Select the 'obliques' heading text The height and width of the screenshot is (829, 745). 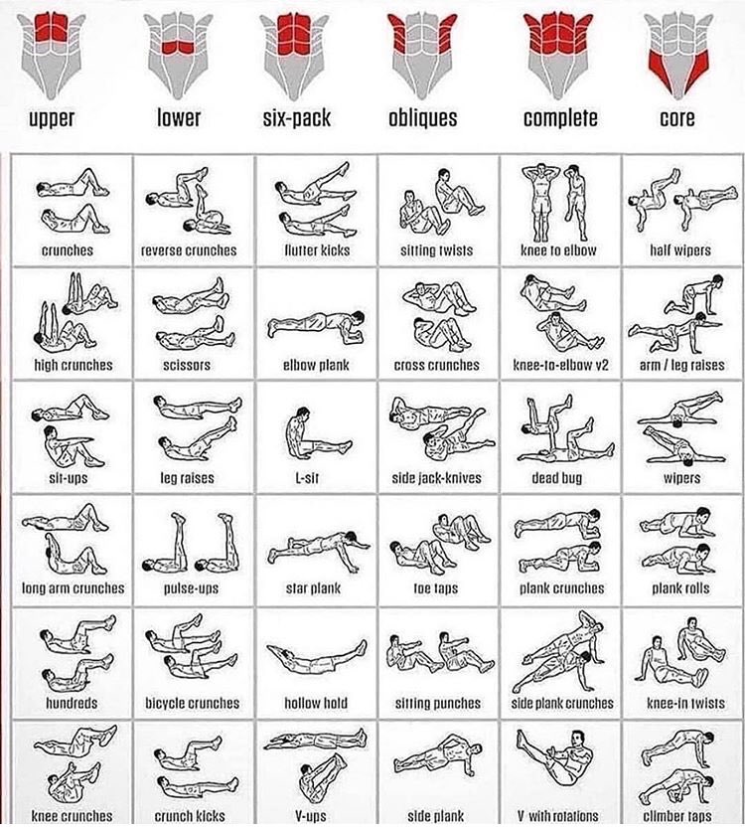[422, 119]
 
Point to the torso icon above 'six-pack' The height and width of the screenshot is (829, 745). [296, 48]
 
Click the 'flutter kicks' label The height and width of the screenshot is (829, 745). [316, 250]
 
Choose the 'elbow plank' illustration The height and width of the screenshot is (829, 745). [312, 324]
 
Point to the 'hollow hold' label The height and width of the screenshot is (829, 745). [316, 703]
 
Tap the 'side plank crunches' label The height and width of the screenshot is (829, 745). [563, 703]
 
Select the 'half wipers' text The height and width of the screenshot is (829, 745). [678, 250]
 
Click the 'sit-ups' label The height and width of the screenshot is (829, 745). [67, 478]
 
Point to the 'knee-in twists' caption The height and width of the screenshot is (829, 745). [678, 703]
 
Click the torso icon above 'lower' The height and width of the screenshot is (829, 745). [179, 48]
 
